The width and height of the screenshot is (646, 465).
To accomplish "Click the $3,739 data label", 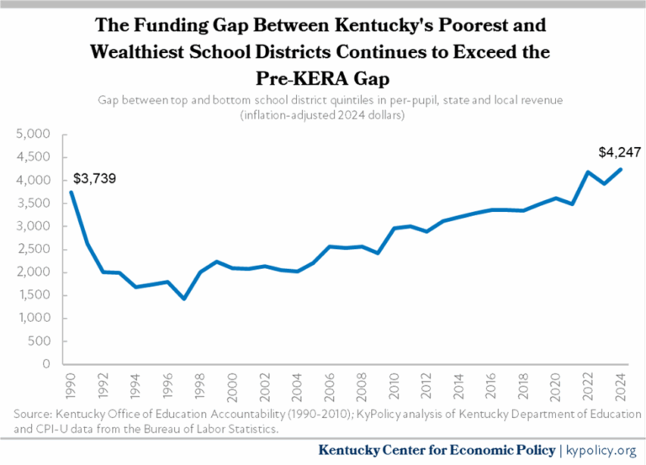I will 95,179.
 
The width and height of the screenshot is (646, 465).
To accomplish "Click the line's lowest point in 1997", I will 184,299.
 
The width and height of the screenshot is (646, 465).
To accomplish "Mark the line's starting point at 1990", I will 71,193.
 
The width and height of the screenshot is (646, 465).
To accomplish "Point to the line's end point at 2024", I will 622,169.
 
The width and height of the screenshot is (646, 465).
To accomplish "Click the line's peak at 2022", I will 589,172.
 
